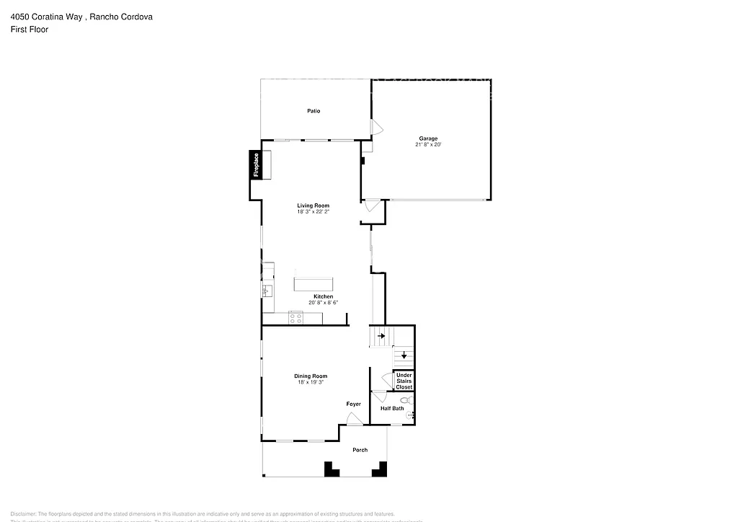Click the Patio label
pyautogui.click(x=314, y=111)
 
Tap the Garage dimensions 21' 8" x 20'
pyautogui.click(x=428, y=145)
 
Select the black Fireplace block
pyautogui.click(x=255, y=164)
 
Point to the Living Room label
pyautogui.click(x=313, y=205)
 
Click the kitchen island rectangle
pyautogui.click(x=314, y=283)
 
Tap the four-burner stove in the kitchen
pyautogui.click(x=295, y=317)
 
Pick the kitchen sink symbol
pyautogui.click(x=267, y=291)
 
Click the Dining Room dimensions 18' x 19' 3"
pyautogui.click(x=311, y=382)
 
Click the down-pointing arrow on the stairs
pyautogui.click(x=404, y=355)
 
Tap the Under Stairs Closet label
pyautogui.click(x=404, y=381)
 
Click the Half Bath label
pyautogui.click(x=392, y=409)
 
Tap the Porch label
pyautogui.click(x=360, y=450)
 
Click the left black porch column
pyautogui.click(x=332, y=469)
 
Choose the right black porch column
pyautogui.click(x=378, y=469)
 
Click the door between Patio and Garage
pyautogui.click(x=376, y=128)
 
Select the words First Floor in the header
pyautogui.click(x=30, y=30)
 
